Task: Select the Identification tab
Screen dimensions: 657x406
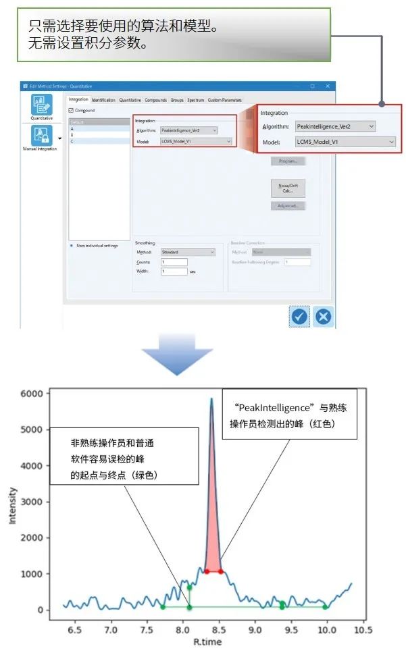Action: [x=103, y=100]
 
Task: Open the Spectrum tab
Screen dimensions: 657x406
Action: [x=195, y=100]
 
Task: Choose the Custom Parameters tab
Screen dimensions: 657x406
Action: [x=224, y=100]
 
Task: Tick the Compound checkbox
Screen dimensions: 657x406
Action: [x=72, y=110]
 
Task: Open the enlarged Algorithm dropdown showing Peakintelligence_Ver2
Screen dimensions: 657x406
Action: [x=336, y=126]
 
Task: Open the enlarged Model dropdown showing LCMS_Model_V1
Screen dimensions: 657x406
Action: [x=345, y=142]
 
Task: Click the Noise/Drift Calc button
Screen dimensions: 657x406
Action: [x=288, y=187]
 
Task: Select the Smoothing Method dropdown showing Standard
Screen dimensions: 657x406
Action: [x=188, y=252]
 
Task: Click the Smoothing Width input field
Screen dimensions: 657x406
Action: [x=174, y=271]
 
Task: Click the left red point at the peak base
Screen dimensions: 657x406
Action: [x=207, y=571]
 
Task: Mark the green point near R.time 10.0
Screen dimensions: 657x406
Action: [x=326, y=606]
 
